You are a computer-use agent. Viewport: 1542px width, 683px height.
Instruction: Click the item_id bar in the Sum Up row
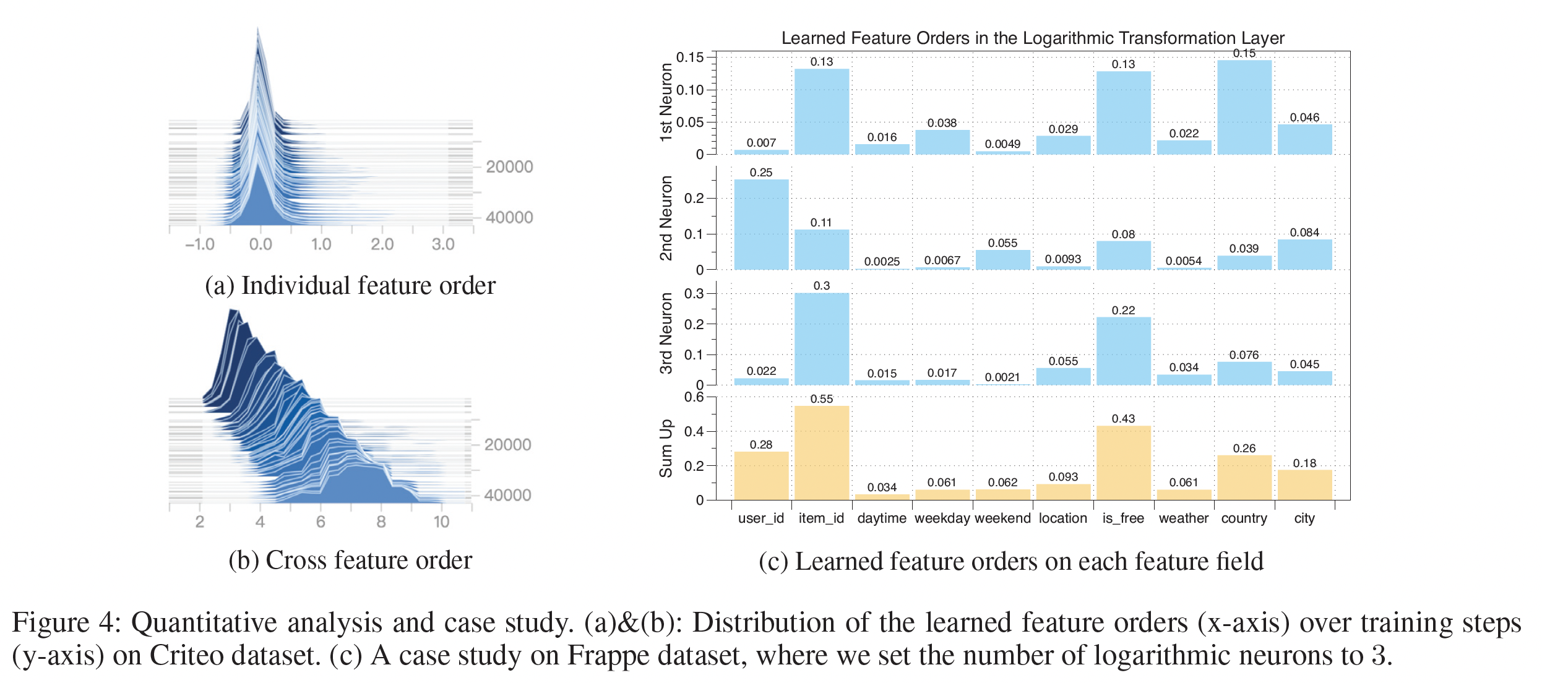(821, 453)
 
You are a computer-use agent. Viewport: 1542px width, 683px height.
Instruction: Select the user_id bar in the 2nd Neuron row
(761, 225)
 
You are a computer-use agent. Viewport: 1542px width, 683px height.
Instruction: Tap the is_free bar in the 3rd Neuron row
(1123, 351)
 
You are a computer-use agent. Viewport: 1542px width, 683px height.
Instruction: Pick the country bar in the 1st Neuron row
(1244, 107)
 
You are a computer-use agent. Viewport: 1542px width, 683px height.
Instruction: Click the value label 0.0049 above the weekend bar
(1002, 144)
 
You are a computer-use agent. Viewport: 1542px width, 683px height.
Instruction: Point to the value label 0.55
(821, 399)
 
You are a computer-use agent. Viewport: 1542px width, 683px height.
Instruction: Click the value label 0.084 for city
(1304, 233)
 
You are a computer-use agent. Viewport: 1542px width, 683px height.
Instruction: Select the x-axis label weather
(1183, 518)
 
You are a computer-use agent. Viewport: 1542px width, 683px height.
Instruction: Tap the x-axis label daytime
(882, 518)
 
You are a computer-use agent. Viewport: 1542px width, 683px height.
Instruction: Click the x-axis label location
(1062, 518)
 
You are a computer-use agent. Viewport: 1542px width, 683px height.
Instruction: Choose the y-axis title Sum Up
(666, 449)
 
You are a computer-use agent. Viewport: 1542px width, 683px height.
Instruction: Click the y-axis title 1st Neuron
(666, 102)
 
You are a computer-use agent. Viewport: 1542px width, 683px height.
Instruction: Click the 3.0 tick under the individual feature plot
(443, 244)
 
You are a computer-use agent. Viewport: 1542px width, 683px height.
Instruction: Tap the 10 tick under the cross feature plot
(441, 522)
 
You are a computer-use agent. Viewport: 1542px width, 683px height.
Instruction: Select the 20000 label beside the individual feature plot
(509, 167)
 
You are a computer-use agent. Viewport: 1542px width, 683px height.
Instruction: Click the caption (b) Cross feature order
(350, 561)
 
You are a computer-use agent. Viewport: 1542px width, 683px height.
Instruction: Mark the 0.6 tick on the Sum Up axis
(694, 397)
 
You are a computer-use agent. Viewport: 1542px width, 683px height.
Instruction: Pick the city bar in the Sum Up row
(1304, 485)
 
